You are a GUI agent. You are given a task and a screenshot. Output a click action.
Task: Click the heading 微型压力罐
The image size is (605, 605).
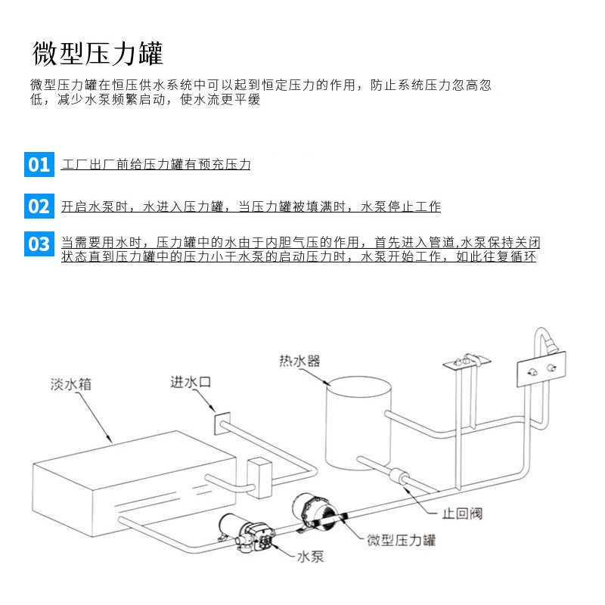coord(98,54)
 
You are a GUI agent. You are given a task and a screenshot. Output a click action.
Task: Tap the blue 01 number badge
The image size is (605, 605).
coord(39,164)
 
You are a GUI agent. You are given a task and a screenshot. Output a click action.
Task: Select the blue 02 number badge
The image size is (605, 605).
coord(39,206)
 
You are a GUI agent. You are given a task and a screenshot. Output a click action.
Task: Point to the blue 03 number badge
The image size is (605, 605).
coord(39,244)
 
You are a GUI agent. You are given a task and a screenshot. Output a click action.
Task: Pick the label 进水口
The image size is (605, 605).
coord(191,382)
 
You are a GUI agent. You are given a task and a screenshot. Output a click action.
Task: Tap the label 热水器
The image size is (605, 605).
coord(299,361)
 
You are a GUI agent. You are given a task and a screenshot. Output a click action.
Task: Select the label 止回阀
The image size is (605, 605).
coord(463,513)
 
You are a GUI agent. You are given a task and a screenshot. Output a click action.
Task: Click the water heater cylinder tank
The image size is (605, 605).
coord(358,423)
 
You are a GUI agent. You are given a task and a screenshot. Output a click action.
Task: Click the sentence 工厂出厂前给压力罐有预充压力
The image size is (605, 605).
coord(155,164)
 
